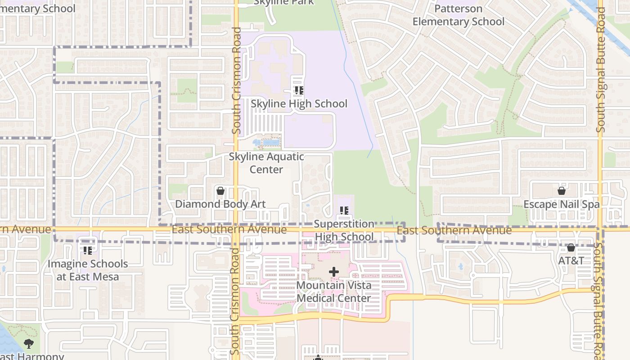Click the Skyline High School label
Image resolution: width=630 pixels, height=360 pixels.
[299, 104]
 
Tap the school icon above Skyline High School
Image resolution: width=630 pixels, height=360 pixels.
[299, 90]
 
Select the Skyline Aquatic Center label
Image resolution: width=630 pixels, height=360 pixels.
[266, 163]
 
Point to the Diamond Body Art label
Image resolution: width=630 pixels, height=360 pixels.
[220, 204]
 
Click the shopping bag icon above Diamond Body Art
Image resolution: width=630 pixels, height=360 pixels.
[220, 191]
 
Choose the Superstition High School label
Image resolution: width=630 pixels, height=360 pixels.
[344, 230]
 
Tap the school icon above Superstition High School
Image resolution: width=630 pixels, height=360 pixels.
[344, 210]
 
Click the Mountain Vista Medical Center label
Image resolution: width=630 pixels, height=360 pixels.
[333, 292]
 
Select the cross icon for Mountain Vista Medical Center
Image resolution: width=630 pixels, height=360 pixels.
[333, 272]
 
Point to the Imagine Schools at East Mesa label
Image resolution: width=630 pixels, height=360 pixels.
[88, 270]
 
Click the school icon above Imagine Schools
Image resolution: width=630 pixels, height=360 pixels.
[87, 250]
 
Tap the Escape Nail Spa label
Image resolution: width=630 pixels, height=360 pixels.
[561, 204]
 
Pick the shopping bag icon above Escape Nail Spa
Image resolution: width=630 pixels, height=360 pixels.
[561, 191]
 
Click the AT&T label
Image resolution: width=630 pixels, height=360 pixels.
[571, 261]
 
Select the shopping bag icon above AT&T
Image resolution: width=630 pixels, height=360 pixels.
[571, 247]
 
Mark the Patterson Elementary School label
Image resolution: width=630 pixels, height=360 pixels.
[458, 15]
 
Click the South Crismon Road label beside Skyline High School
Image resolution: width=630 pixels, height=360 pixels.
[236, 81]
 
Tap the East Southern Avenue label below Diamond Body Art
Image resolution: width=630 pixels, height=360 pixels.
[229, 229]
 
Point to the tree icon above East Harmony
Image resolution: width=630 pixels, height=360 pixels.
[29, 344]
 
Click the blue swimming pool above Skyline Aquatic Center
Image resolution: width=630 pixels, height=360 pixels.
[270, 143]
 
